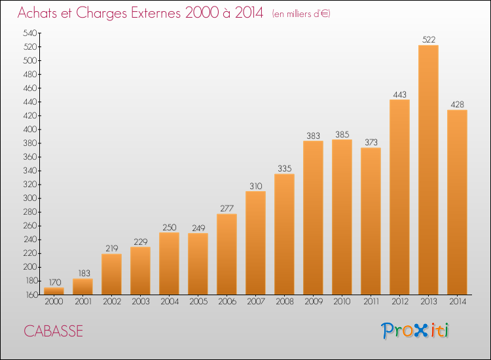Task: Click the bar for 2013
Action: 428,170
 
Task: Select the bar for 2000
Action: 54,291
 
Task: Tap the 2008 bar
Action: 284,234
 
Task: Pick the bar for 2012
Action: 399,197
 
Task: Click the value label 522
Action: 429,40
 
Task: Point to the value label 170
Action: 55,282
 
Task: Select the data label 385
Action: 342,134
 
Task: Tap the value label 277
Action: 227,209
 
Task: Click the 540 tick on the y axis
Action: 30,33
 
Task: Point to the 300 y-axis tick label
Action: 30,198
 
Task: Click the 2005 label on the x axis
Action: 198,301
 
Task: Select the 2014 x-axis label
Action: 458,301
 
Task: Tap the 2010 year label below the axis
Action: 342,301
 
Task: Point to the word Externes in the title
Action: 156,12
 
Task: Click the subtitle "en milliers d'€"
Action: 301,14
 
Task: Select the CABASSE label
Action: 53,331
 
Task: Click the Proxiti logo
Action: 415,331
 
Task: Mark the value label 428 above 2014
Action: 457,105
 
